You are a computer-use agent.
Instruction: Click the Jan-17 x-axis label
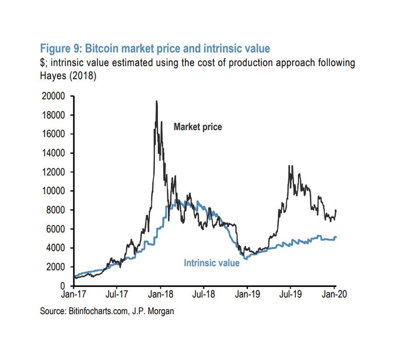74,295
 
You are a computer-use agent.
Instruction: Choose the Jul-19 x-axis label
291,295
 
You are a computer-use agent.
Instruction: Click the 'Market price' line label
198,127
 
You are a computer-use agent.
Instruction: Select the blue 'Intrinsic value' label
212,263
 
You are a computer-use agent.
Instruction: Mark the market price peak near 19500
156,101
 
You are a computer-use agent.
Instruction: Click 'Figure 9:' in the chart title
61,49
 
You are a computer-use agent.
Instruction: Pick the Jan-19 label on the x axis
247,295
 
